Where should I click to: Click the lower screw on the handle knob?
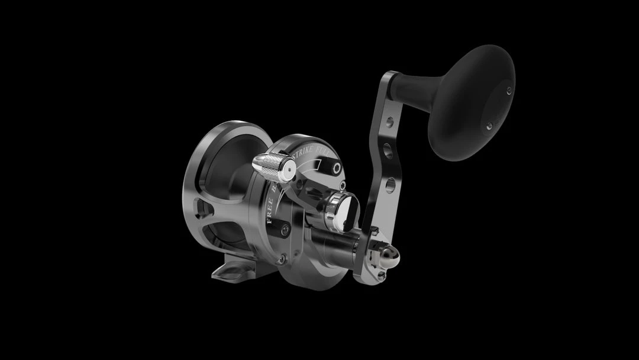click(x=489, y=126)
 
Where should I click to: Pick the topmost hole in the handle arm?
click(x=389, y=123)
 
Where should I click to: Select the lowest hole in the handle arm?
click(x=390, y=187)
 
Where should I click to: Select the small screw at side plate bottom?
click(x=283, y=259)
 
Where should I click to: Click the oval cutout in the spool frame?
click(x=205, y=211)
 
